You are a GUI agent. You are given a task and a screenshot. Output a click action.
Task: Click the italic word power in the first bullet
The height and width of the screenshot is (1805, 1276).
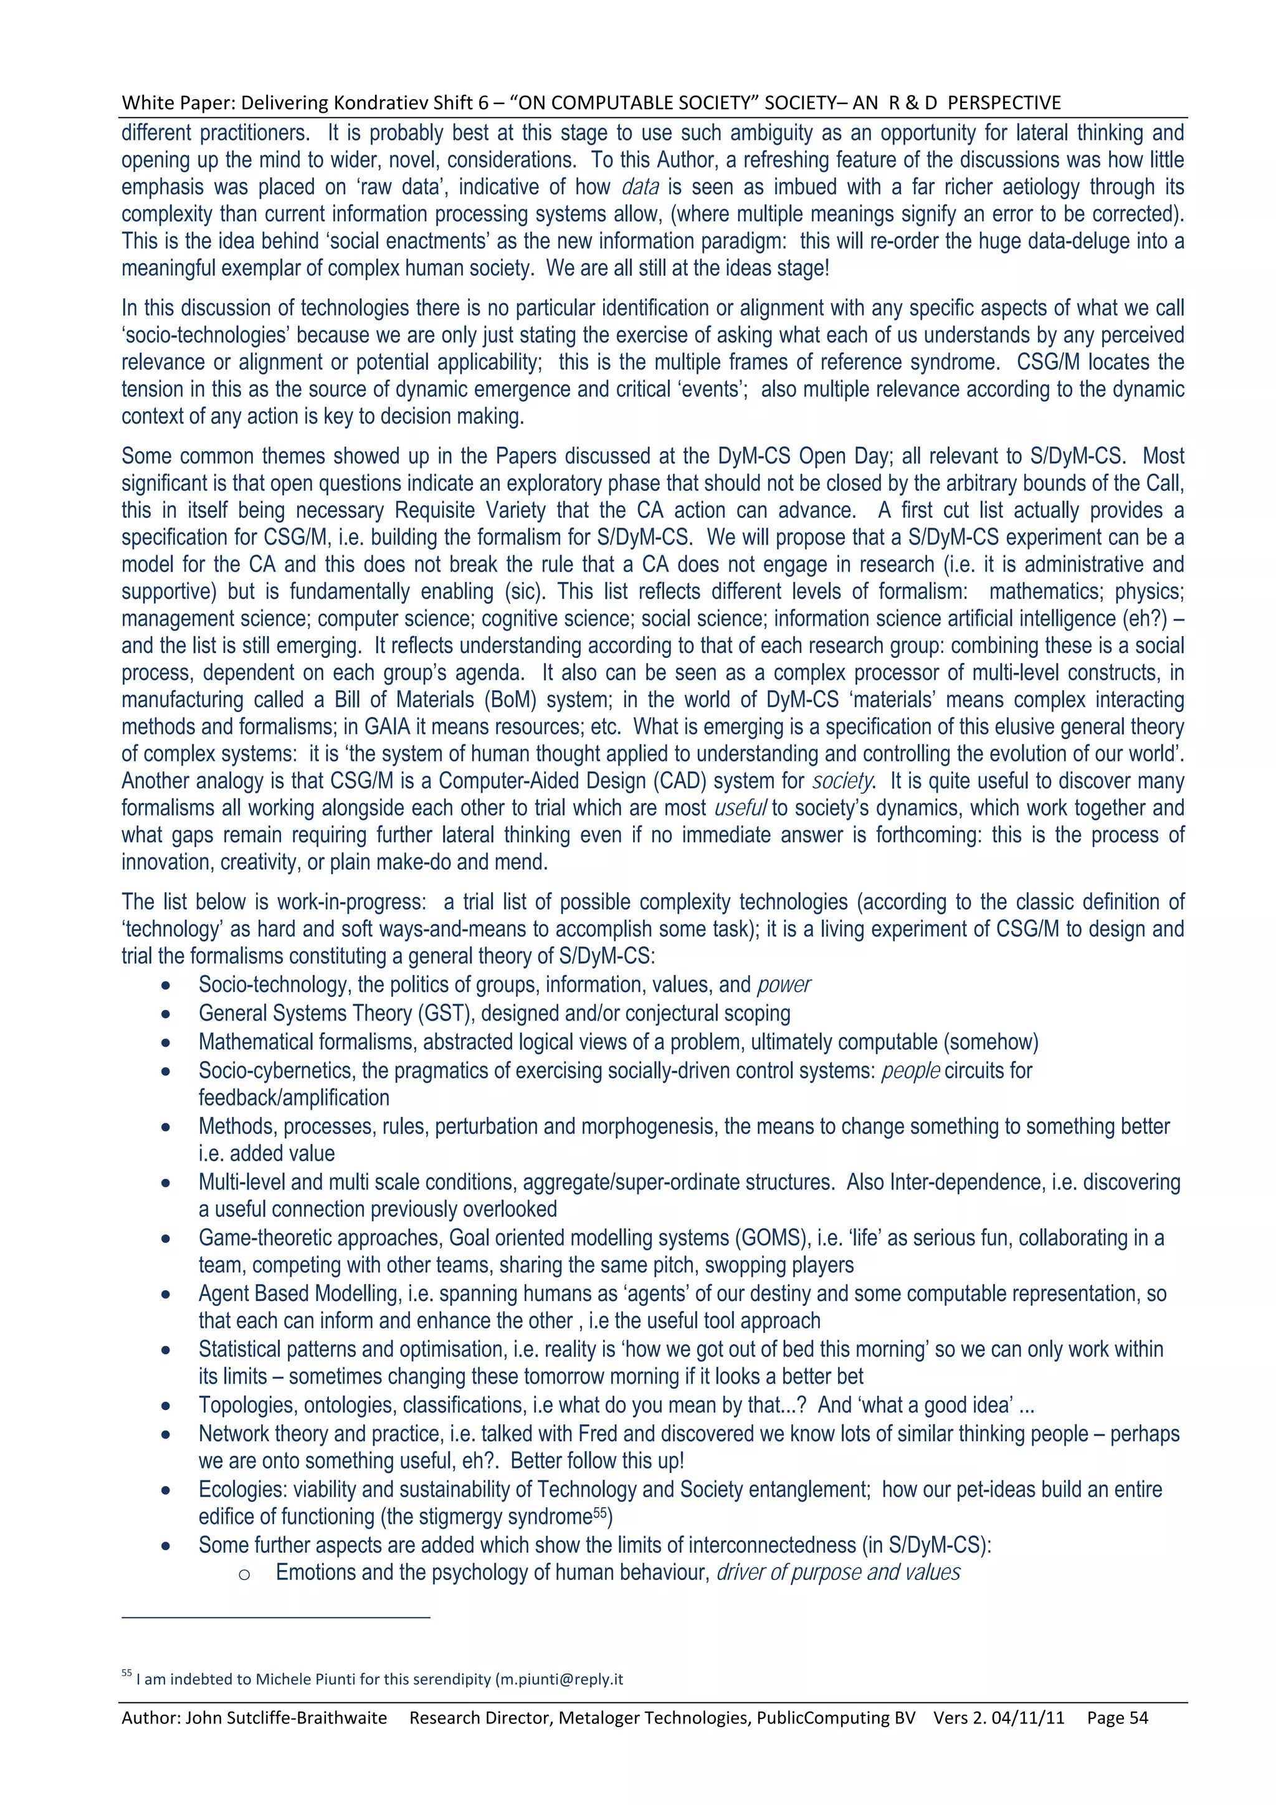(x=784, y=985)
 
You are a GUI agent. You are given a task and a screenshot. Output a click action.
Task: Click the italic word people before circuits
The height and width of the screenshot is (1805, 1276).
(x=910, y=1071)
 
